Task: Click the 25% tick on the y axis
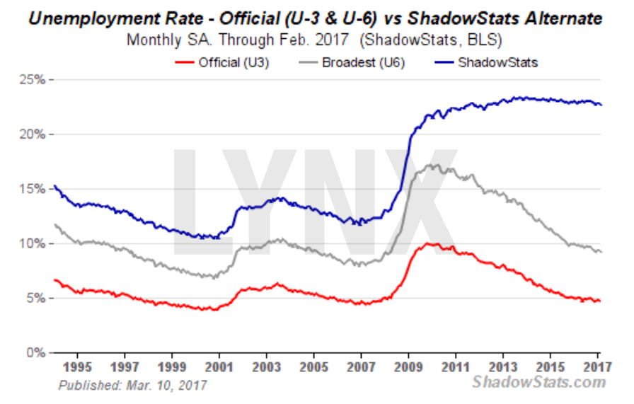tap(33, 80)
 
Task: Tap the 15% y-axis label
tap(33, 189)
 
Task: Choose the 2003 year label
tap(266, 368)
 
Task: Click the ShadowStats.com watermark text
tap(539, 383)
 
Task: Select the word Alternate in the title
tap(560, 18)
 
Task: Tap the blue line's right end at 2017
tap(601, 105)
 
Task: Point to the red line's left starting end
tap(54, 279)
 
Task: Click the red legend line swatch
tap(184, 62)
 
